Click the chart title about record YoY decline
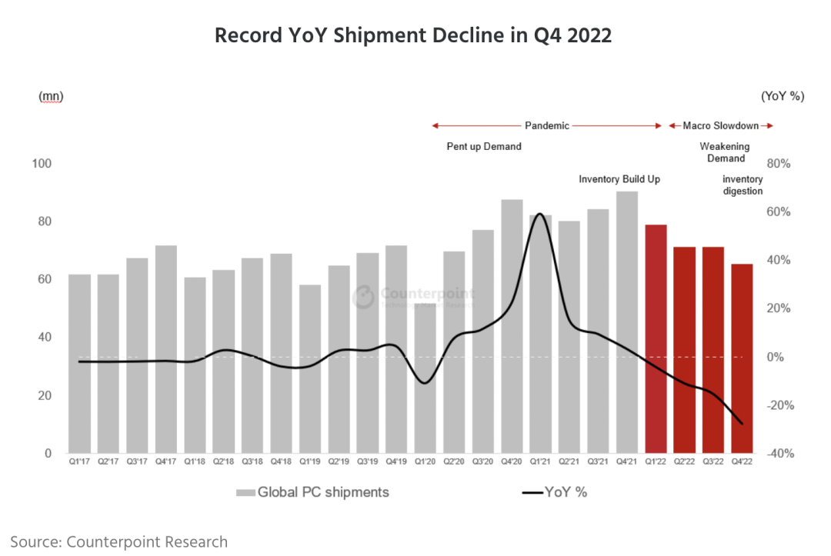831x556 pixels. (x=413, y=35)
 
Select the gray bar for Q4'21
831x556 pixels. (x=627, y=322)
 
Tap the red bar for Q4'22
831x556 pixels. (x=742, y=358)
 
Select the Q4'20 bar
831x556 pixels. (x=512, y=326)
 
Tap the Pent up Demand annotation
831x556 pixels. (x=484, y=146)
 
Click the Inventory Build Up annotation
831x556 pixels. (x=619, y=179)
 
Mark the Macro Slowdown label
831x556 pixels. (x=720, y=125)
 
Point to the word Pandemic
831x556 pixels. (x=546, y=125)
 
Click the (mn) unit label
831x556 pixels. (x=51, y=96)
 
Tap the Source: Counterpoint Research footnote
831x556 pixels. (x=119, y=541)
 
